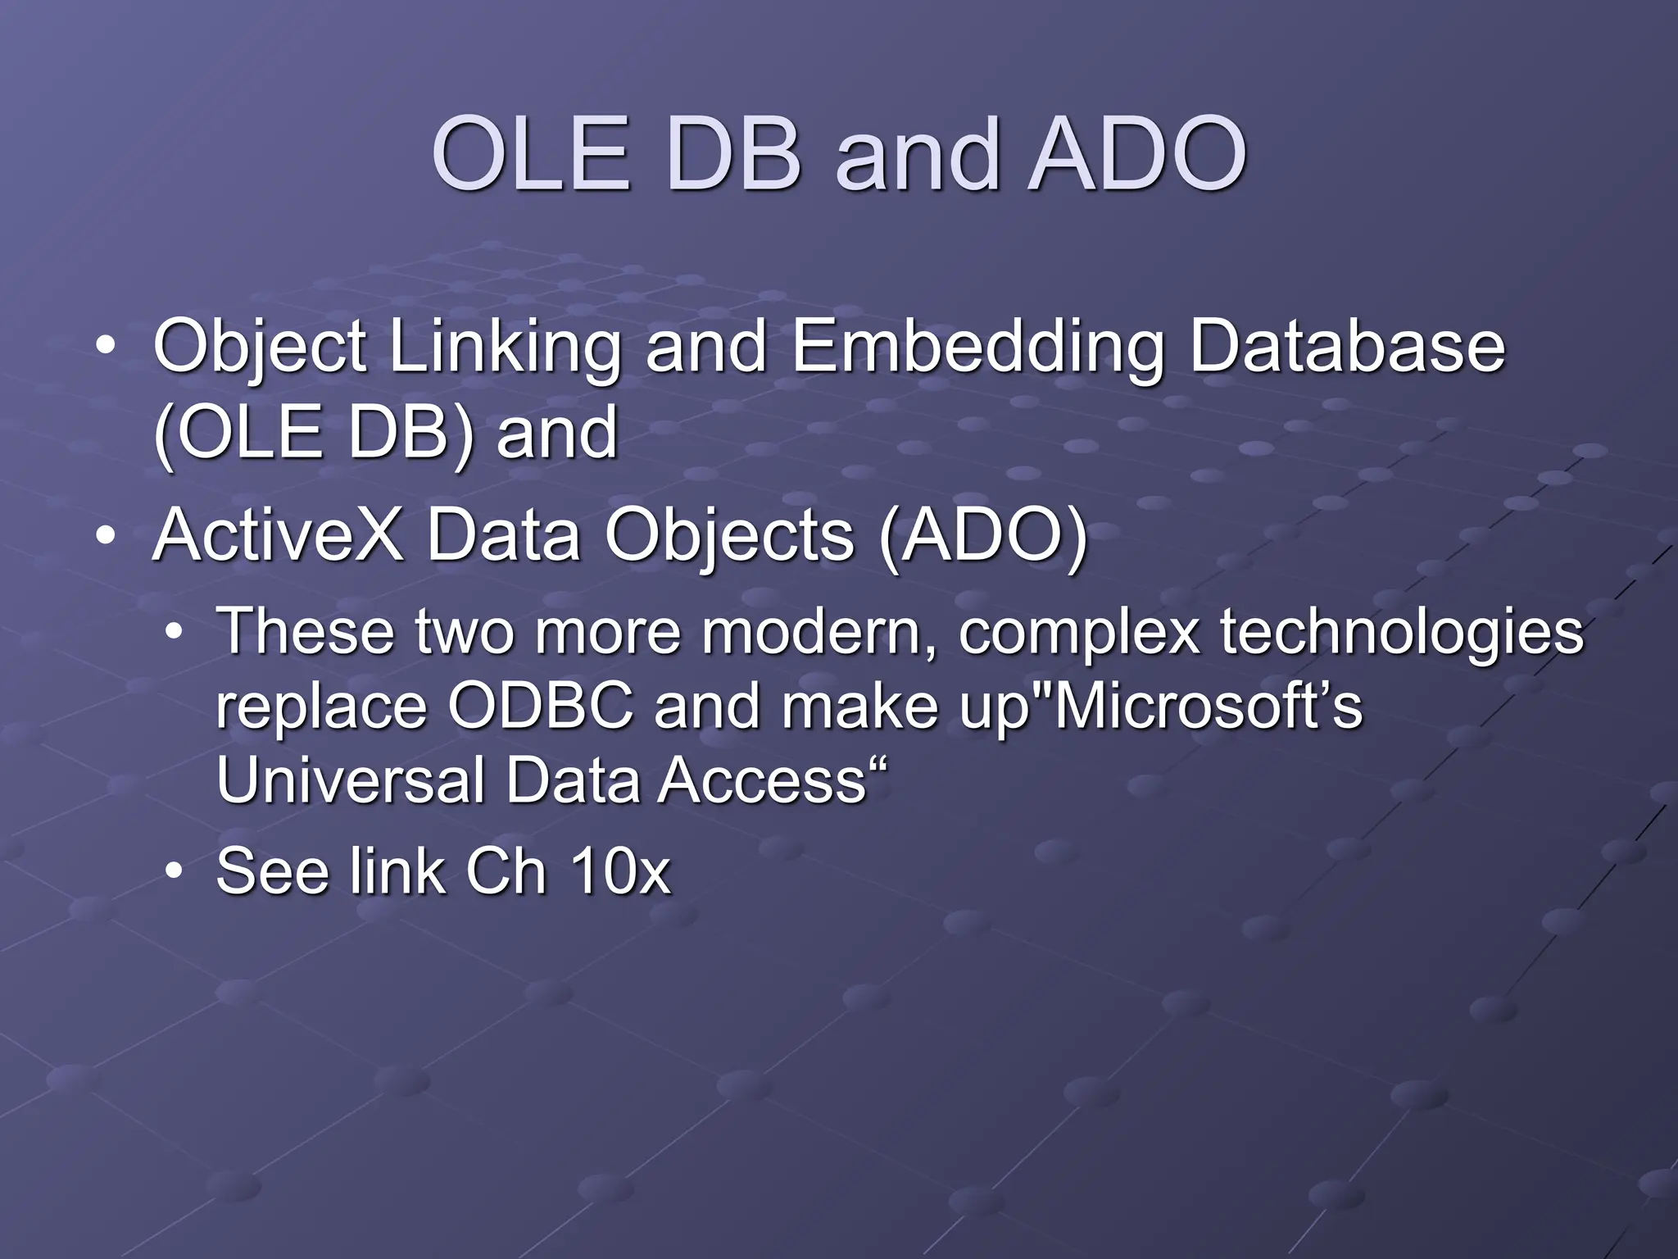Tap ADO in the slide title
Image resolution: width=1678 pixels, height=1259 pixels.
pyautogui.click(x=1137, y=154)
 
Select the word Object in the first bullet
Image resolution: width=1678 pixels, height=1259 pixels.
pyautogui.click(x=260, y=348)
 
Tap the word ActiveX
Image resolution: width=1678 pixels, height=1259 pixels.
pyautogui.click(x=278, y=536)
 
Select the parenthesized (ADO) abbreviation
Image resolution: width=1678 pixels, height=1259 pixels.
pyautogui.click(x=982, y=538)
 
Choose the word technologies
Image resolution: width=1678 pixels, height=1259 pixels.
pyautogui.click(x=1402, y=633)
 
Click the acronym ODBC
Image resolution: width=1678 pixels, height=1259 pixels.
pyautogui.click(x=541, y=707)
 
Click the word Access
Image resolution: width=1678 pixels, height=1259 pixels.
pyautogui.click(x=762, y=780)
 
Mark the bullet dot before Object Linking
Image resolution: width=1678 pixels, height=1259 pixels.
pyautogui.click(x=105, y=348)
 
